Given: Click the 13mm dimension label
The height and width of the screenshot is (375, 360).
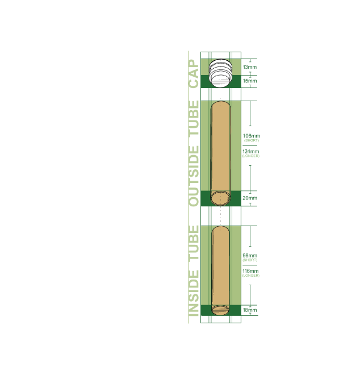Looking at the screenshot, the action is tap(250, 67).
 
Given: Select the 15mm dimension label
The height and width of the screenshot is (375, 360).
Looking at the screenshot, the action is tap(250, 81).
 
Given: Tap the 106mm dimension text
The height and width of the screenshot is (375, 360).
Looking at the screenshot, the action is tap(251, 136).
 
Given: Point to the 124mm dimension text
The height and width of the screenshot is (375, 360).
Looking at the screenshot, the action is tap(251, 151).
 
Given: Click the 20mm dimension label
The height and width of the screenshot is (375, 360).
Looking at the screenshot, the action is tap(250, 198).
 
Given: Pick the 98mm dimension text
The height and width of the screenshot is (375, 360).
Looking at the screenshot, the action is tap(250, 256).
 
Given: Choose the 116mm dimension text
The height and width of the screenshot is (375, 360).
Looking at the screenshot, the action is tap(250, 271).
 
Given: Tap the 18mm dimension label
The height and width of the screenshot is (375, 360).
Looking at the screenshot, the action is tap(250, 310).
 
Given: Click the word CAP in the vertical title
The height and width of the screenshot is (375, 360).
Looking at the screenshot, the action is tap(194, 74).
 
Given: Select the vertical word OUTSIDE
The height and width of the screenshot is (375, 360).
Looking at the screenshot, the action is tap(194, 176).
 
